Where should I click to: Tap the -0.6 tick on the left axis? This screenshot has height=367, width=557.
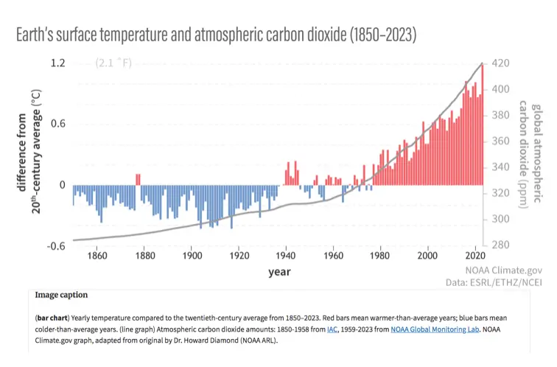56,245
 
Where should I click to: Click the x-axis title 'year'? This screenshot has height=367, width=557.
279,272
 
